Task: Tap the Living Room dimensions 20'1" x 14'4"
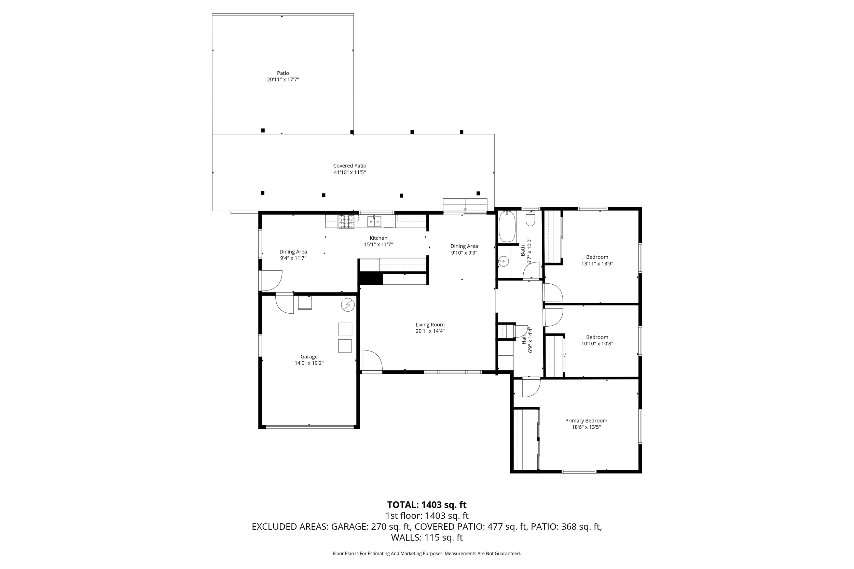[x=430, y=331]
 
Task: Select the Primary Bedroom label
[x=586, y=421]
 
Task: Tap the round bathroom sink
[x=503, y=261]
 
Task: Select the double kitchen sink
[x=374, y=221]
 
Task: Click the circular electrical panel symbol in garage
[x=347, y=305]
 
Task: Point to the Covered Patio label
[x=350, y=166]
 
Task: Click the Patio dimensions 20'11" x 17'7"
[x=283, y=80]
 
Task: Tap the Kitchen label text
[x=378, y=238]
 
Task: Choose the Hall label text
[x=524, y=340]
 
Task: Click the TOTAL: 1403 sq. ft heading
[x=427, y=505]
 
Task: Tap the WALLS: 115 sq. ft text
[x=427, y=538]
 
